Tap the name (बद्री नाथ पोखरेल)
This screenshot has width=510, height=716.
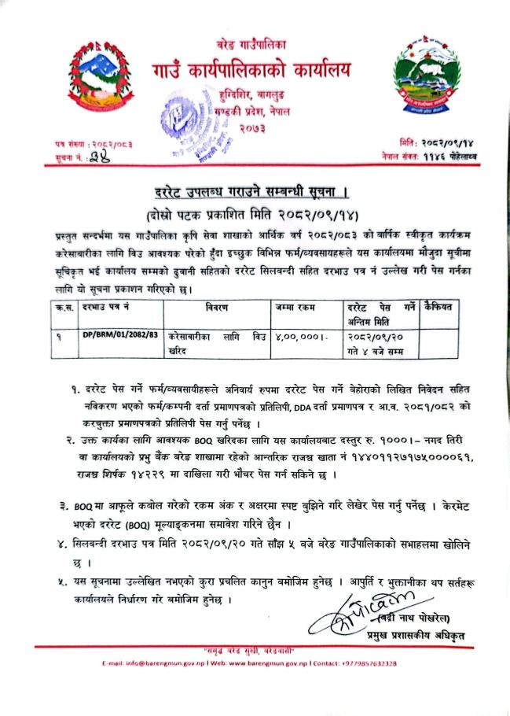point(421,617)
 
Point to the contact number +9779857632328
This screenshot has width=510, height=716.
point(369,663)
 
